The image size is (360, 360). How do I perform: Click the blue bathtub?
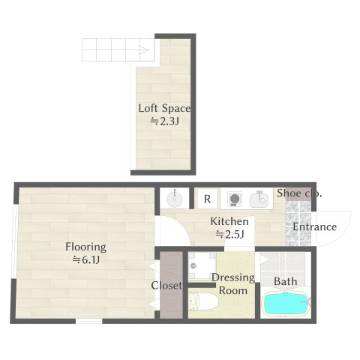click(x=286, y=304)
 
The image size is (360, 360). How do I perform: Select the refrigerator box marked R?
click(x=206, y=199)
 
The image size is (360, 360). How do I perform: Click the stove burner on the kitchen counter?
click(x=234, y=199)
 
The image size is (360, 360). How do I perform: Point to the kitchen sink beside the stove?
click(x=259, y=199)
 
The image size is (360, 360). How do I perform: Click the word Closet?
click(x=165, y=286)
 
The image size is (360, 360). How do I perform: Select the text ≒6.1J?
click(x=86, y=260)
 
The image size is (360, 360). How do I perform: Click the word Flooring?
click(x=85, y=246)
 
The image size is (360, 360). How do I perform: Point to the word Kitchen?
click(x=229, y=221)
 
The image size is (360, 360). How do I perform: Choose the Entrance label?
click(x=314, y=227)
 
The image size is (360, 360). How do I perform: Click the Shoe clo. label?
click(x=299, y=193)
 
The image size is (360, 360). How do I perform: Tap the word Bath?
click(x=285, y=281)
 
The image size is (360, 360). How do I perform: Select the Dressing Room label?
click(x=232, y=283)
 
